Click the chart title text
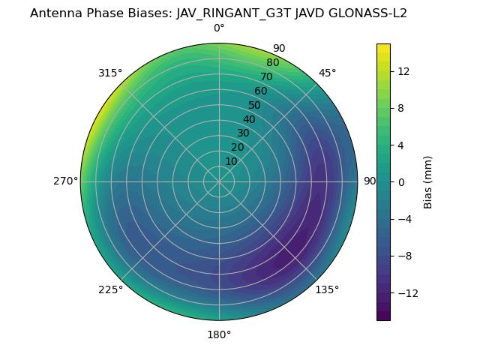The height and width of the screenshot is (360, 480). click(219, 13)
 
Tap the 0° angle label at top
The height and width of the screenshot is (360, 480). click(219, 28)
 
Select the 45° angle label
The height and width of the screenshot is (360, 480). click(327, 73)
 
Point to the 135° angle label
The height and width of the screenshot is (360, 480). click(327, 289)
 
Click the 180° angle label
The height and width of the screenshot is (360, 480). click(219, 334)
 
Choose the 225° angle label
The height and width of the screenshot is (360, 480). click(110, 289)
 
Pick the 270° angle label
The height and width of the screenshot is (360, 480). click(65, 181)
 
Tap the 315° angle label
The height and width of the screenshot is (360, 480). click(110, 73)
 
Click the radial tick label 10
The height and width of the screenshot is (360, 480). click(231, 161)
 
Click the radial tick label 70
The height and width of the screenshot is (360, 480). click(267, 76)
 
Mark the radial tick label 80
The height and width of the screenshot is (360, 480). click(273, 62)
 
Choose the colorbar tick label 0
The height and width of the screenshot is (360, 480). click(399, 181)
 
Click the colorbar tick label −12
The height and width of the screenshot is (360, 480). click(406, 292)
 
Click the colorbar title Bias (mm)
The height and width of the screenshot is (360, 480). click(428, 181)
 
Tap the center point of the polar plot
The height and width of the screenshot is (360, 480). click(219, 181)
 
